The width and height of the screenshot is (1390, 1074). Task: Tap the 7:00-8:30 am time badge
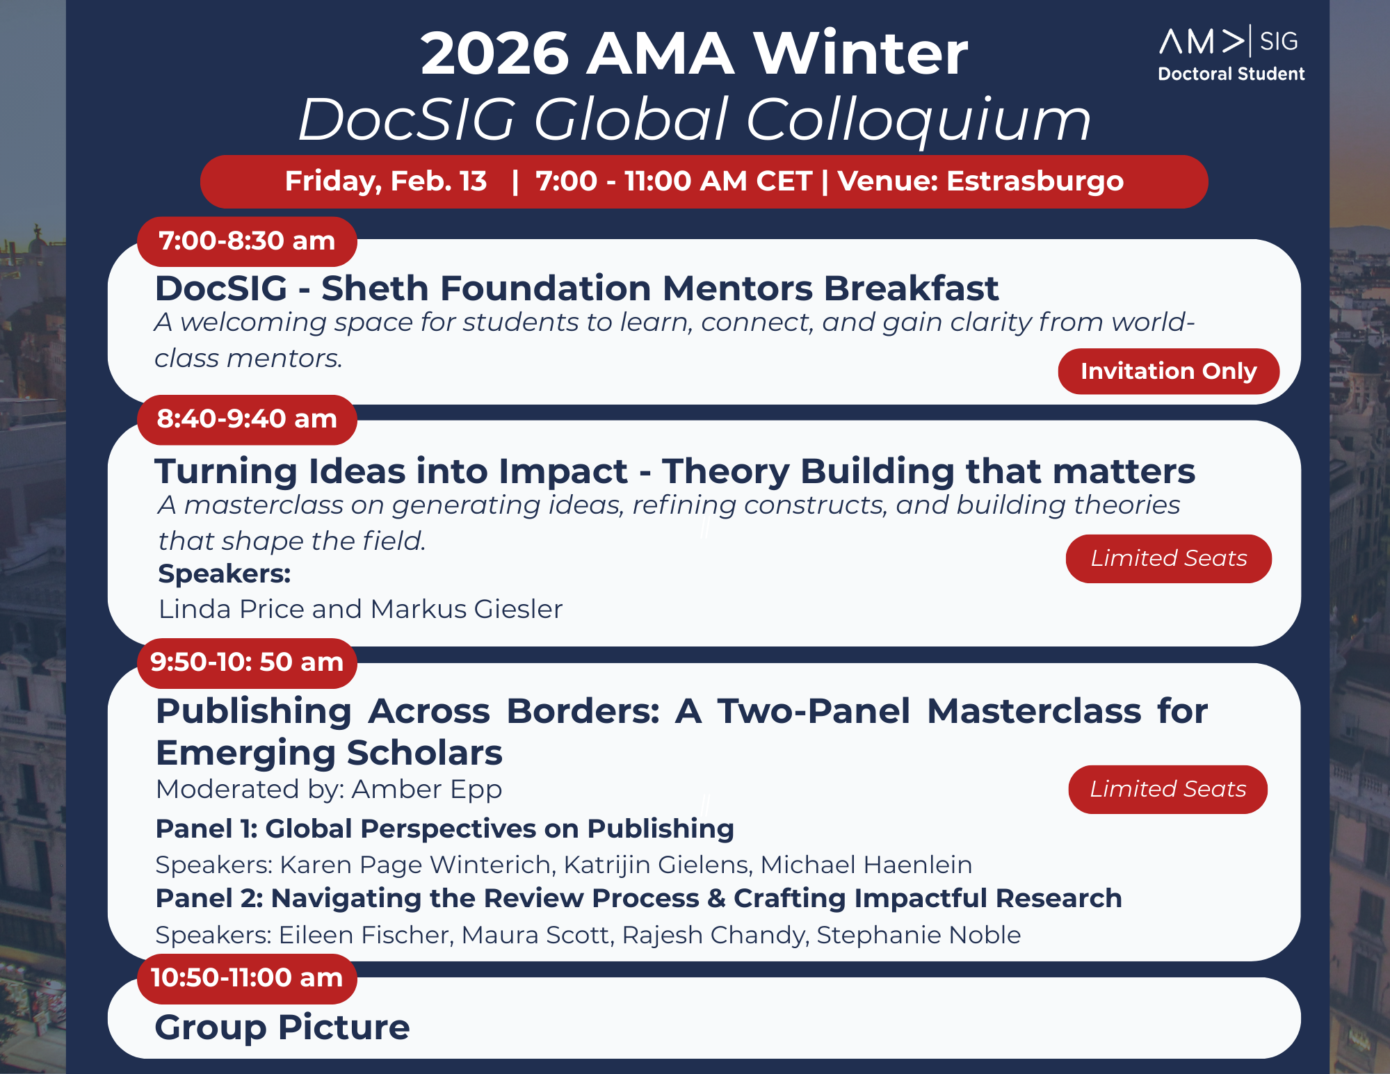coord(247,241)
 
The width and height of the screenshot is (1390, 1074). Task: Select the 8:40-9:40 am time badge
coord(247,419)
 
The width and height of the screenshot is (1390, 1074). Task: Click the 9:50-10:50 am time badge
coord(247,662)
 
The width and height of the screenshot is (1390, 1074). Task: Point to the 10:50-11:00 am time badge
coord(247,978)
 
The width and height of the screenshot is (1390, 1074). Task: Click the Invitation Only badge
coord(1168,371)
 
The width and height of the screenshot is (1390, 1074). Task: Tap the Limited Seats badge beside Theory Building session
coord(1168,558)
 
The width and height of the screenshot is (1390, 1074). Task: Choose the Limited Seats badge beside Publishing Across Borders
coord(1167,789)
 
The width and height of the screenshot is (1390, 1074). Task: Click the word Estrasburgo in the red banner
coord(1035,181)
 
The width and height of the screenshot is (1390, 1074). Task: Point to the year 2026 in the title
coord(495,54)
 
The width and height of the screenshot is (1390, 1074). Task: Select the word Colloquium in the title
coord(918,120)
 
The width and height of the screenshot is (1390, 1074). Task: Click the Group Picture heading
coord(282,1027)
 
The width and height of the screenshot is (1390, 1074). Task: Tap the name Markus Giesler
coord(467,609)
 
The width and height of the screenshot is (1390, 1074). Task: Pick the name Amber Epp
coord(426,790)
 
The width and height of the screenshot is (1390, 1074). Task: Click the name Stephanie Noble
coord(919,935)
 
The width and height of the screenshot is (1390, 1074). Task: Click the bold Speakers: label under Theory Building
coord(225,574)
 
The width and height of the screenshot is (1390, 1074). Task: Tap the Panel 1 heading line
coord(445,829)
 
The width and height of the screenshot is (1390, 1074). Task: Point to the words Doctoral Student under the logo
coord(1231,74)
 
